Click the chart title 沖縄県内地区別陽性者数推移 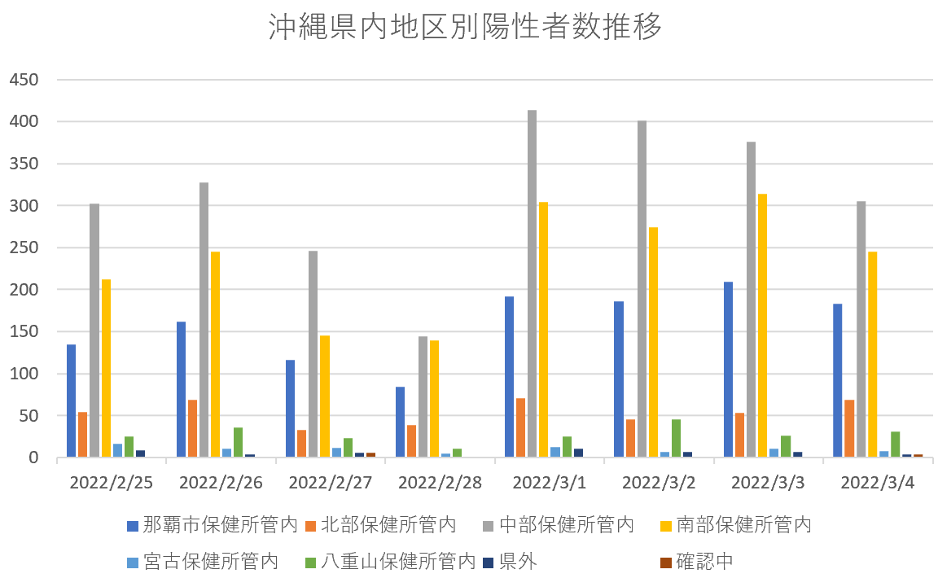[465, 28]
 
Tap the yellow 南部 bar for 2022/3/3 [762, 326]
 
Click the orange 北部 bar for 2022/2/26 [192, 428]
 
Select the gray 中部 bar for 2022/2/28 [423, 396]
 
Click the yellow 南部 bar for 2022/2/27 [324, 396]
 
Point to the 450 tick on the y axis [24, 80]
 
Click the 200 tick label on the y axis [24, 290]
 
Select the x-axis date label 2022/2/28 [440, 482]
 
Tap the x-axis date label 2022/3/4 [877, 482]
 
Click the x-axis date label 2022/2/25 [112, 482]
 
